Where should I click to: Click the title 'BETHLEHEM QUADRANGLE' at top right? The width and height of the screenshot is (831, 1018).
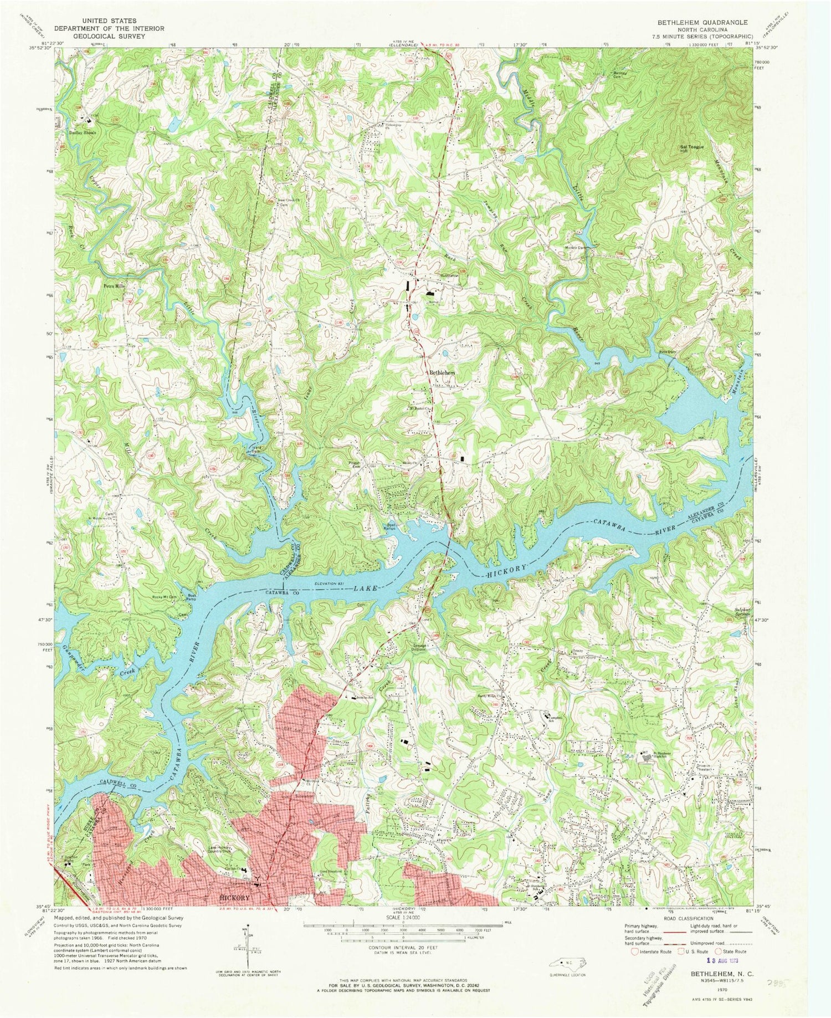702,22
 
